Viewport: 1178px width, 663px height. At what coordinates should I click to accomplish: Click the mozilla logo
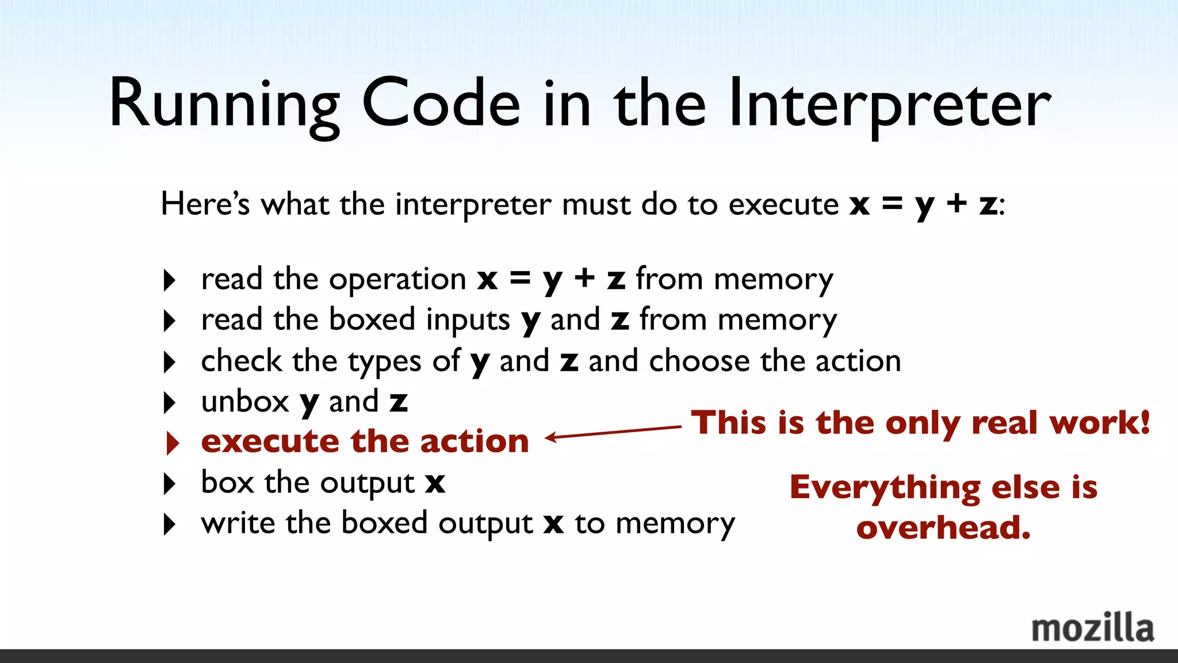coord(1092,628)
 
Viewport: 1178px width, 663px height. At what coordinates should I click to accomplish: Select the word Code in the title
coord(441,104)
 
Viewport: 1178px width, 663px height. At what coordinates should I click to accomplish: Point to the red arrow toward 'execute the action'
coord(613,432)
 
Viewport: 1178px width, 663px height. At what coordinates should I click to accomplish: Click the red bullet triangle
coord(172,443)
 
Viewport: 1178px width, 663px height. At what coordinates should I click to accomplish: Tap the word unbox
coord(245,402)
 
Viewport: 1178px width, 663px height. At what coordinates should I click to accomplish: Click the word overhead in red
coord(943,528)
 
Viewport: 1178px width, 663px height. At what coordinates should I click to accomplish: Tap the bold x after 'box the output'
coord(435,483)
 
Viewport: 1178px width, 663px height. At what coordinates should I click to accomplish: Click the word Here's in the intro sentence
coord(205,204)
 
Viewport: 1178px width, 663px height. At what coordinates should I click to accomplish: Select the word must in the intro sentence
coord(596,205)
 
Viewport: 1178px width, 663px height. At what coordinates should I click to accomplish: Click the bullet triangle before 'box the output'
coord(169,483)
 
